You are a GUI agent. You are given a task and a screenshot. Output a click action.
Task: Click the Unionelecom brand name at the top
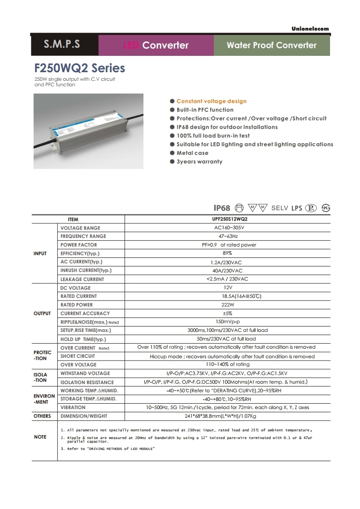[x=310, y=29]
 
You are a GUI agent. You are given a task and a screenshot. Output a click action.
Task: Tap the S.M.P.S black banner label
[x=62, y=44]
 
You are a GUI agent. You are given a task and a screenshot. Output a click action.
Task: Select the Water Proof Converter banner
[x=271, y=45]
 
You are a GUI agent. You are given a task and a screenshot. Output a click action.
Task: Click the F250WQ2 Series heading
[x=80, y=69]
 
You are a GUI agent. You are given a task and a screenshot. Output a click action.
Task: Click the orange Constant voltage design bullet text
[x=212, y=101]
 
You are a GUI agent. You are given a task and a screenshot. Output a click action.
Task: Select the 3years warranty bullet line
[x=199, y=162]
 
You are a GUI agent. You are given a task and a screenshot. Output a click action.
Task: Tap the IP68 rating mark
[x=222, y=208]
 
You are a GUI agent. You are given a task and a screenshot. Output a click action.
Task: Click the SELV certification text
[x=280, y=208]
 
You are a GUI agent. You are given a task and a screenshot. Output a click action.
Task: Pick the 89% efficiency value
[x=227, y=253]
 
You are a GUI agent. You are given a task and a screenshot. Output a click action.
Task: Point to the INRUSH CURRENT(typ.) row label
[x=86, y=271]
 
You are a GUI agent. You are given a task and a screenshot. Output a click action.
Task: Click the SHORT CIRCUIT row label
[x=78, y=356]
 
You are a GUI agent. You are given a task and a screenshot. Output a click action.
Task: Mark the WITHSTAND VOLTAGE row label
[x=85, y=374]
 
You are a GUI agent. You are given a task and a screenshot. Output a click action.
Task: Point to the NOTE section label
[x=40, y=437]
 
